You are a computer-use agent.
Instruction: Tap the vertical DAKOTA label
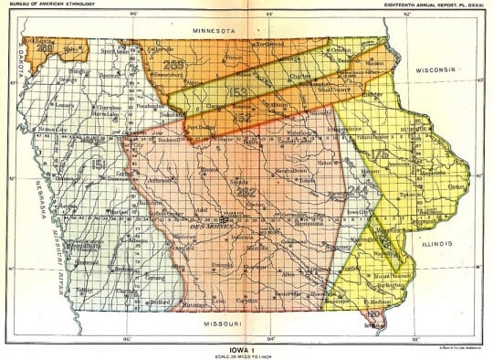click(x=15, y=63)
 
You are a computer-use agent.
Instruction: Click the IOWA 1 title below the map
click(x=246, y=344)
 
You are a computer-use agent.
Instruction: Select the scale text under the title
click(x=246, y=354)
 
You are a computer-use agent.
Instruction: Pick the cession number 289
click(x=176, y=64)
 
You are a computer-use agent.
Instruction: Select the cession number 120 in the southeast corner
click(x=372, y=314)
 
